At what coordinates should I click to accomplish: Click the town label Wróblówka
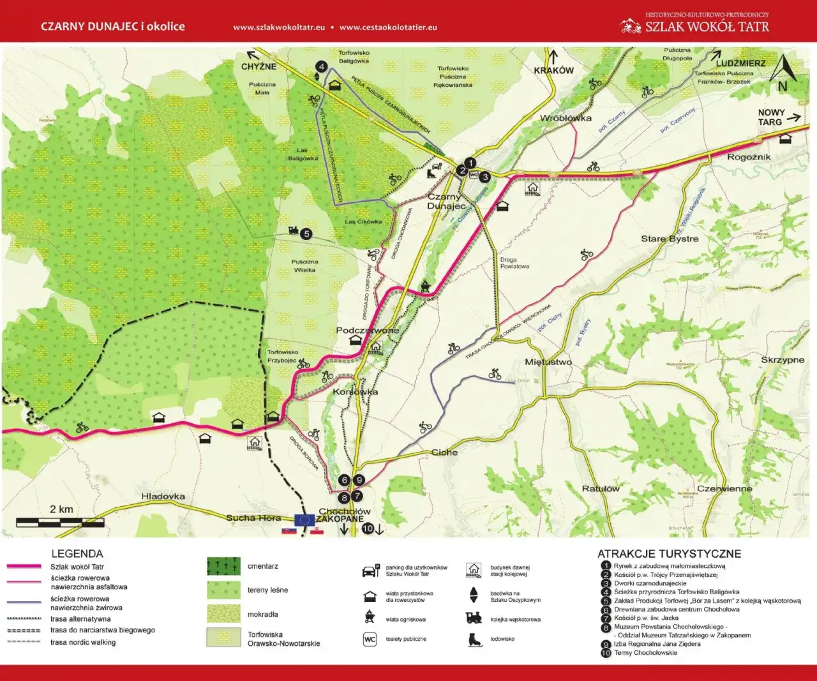click(566, 118)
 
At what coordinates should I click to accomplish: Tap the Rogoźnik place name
click(749, 157)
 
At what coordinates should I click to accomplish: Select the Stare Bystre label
click(670, 239)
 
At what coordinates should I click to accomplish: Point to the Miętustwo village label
click(548, 362)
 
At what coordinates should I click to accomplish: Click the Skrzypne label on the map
click(783, 360)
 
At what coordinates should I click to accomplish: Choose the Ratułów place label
click(601, 489)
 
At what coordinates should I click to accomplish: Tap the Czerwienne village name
click(724, 489)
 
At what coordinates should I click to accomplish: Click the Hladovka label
click(163, 497)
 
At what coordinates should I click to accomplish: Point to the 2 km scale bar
click(60, 522)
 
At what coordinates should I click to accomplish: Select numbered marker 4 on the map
click(322, 66)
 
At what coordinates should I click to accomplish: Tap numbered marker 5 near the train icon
click(306, 234)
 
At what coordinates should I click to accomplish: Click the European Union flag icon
click(304, 519)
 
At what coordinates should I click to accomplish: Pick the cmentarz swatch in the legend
click(223, 566)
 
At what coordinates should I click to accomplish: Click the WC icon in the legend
click(370, 639)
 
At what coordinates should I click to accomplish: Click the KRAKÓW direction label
click(553, 70)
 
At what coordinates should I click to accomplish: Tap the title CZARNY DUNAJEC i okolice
click(113, 27)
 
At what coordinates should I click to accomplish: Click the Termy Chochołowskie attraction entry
click(645, 653)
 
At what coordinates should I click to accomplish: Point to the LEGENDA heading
click(77, 553)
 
